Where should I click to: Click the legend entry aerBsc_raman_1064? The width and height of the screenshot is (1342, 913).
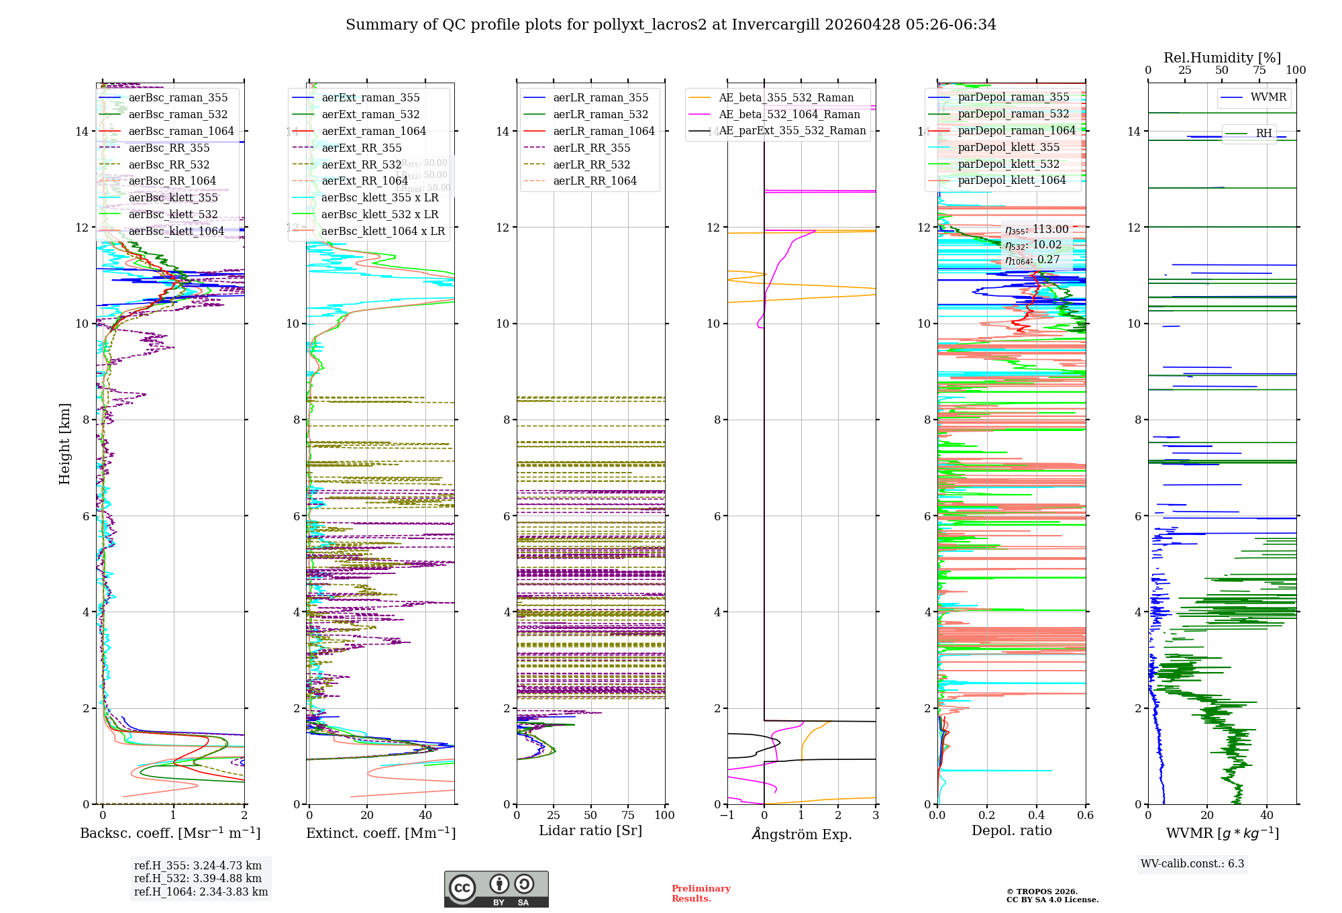click(x=181, y=132)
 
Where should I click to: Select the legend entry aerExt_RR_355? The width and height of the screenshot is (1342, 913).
click(x=362, y=148)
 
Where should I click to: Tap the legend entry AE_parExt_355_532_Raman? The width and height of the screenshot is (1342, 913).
click(x=792, y=131)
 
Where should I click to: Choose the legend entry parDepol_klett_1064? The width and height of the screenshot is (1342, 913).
click(x=1011, y=181)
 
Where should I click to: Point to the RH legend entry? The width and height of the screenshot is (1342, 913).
click(x=1263, y=134)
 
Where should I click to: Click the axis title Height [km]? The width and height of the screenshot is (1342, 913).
click(x=64, y=443)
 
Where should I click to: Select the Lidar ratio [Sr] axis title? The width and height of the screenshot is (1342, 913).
click(x=590, y=831)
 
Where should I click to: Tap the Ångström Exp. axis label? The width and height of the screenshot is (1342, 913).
click(x=802, y=834)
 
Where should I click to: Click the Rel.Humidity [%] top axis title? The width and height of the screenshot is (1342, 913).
click(x=1222, y=58)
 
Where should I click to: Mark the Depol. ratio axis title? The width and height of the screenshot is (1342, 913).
click(x=1011, y=831)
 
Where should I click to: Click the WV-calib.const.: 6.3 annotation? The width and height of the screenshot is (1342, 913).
click(x=1192, y=864)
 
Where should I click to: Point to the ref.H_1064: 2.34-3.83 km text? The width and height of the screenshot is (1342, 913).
click(x=201, y=892)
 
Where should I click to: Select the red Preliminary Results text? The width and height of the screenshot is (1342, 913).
click(x=701, y=894)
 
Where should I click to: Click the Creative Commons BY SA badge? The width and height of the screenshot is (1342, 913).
click(x=496, y=890)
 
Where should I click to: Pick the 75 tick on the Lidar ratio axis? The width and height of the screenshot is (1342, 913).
click(x=628, y=816)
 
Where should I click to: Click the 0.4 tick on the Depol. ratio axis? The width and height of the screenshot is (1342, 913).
click(x=1036, y=816)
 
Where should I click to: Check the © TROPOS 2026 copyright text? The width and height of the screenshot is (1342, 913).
click(x=1041, y=892)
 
